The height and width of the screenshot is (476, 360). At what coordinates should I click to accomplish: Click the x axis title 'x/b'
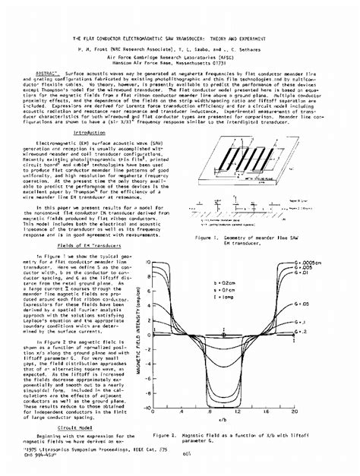pos(225,420)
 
